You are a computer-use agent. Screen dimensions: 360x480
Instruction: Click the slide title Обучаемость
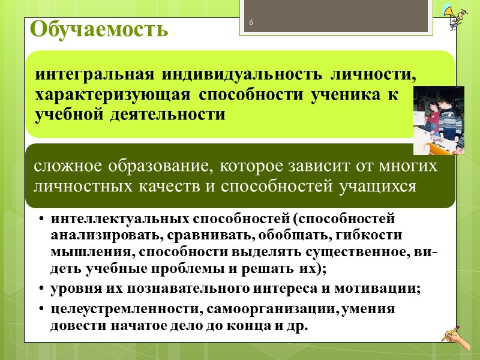(x=98, y=29)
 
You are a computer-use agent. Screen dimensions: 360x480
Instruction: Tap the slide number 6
(x=251, y=23)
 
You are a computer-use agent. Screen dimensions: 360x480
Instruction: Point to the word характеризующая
(x=113, y=95)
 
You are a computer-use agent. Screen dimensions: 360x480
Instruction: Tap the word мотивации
(x=382, y=289)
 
